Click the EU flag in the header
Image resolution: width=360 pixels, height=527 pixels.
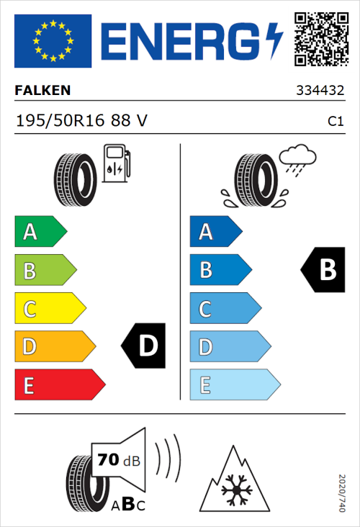click(x=53, y=41)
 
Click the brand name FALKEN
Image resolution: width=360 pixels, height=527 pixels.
click(x=42, y=91)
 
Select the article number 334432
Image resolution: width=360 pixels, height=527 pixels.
click(x=320, y=91)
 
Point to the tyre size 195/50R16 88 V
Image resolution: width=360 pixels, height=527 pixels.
click(x=81, y=121)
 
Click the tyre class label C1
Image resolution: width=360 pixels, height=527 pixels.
click(x=335, y=122)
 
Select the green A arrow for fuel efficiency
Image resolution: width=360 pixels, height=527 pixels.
click(x=40, y=232)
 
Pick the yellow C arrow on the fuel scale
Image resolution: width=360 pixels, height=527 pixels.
click(x=49, y=309)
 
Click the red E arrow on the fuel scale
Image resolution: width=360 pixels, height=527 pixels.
click(x=59, y=385)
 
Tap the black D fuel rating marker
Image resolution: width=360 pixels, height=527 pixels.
click(x=144, y=346)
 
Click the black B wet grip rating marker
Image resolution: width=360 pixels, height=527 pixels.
click(x=323, y=270)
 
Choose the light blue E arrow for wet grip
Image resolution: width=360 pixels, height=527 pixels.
click(x=234, y=385)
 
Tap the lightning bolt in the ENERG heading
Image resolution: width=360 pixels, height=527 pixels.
click(x=273, y=40)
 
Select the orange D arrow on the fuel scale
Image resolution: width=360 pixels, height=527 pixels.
click(x=54, y=347)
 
